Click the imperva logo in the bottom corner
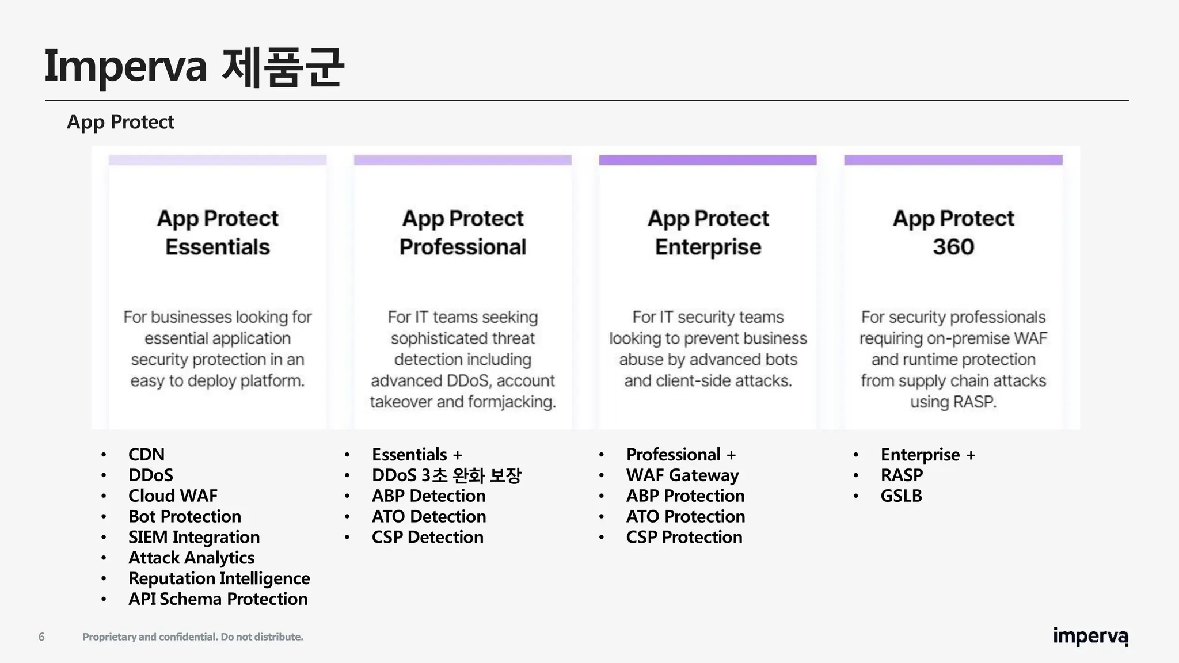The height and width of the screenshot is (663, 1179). click(x=1090, y=637)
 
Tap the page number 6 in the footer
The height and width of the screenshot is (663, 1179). click(x=41, y=637)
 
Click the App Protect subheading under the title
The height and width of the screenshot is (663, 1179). click(x=120, y=122)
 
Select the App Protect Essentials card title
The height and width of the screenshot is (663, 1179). click(x=218, y=233)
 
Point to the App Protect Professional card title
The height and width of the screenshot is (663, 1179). click(x=463, y=233)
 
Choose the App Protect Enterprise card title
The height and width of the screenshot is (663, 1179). click(x=708, y=233)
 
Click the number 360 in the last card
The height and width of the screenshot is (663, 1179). click(x=953, y=247)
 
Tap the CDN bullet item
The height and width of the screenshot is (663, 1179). click(x=146, y=455)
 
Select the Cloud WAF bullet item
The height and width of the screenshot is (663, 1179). click(x=173, y=496)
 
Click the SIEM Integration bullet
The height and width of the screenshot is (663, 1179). click(x=194, y=537)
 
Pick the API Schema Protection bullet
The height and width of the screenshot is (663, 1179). click(x=218, y=599)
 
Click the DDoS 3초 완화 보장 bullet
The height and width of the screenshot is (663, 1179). click(x=446, y=475)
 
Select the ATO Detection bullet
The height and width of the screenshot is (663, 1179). click(x=428, y=516)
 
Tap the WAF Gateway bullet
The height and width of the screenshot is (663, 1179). click(x=682, y=475)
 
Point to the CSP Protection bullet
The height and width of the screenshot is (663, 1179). click(x=684, y=537)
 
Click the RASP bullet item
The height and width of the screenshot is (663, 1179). click(x=902, y=475)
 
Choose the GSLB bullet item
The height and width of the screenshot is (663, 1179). click(x=901, y=496)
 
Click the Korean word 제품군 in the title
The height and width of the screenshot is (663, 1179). click(x=282, y=67)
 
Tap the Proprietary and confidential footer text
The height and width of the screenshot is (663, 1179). click(x=193, y=637)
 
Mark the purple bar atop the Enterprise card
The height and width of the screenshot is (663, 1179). click(x=708, y=160)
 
